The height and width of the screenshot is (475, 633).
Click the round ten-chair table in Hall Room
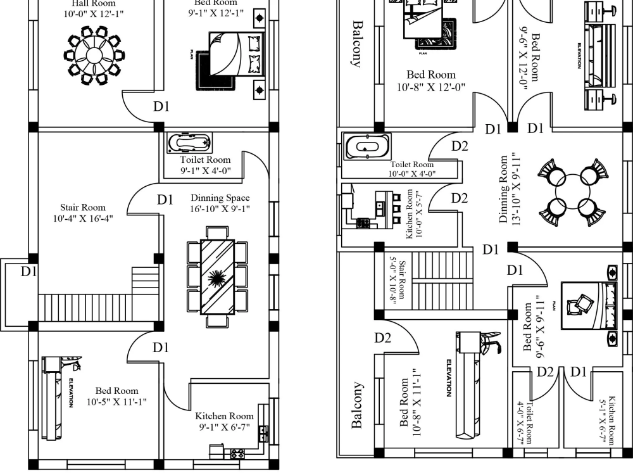point(93,55)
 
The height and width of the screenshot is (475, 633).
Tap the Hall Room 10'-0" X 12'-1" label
point(93,8)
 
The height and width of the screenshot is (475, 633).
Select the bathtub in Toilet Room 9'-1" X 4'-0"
point(190,142)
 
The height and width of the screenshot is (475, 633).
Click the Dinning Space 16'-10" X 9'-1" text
point(220,203)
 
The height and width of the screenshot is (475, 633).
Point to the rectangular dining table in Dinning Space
point(217,277)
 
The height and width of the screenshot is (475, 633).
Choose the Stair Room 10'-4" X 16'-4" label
point(83,213)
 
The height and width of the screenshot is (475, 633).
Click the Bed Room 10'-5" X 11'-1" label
point(116,396)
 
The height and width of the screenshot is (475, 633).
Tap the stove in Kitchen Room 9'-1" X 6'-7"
point(237,453)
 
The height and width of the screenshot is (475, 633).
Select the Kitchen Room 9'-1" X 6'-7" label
point(224,421)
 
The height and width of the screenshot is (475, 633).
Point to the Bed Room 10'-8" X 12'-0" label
point(431,81)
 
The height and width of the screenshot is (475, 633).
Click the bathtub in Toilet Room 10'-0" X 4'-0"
point(367,147)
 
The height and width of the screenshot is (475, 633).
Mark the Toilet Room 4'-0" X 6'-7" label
point(525,423)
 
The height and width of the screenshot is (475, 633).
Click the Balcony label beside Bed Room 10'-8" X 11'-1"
point(358,405)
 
